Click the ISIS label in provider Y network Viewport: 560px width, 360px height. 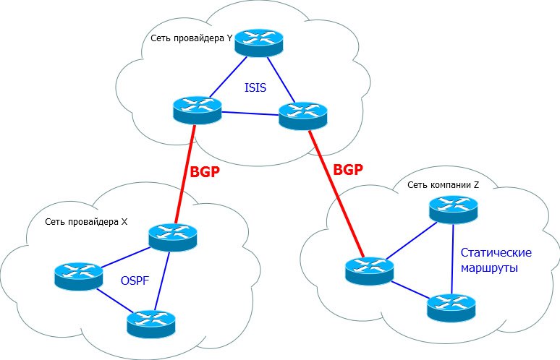point(255,89)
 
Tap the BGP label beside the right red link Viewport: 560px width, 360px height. point(347,169)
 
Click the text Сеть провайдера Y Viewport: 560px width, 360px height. point(192,38)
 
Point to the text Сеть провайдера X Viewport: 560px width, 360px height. point(86,221)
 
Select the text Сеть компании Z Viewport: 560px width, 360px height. point(444,185)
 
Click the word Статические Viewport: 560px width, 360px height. point(496,253)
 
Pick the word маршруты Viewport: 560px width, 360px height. point(490,267)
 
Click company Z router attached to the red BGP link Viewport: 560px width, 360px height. point(370,269)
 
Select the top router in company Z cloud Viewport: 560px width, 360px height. point(454,209)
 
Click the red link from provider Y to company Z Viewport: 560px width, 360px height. point(335,192)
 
